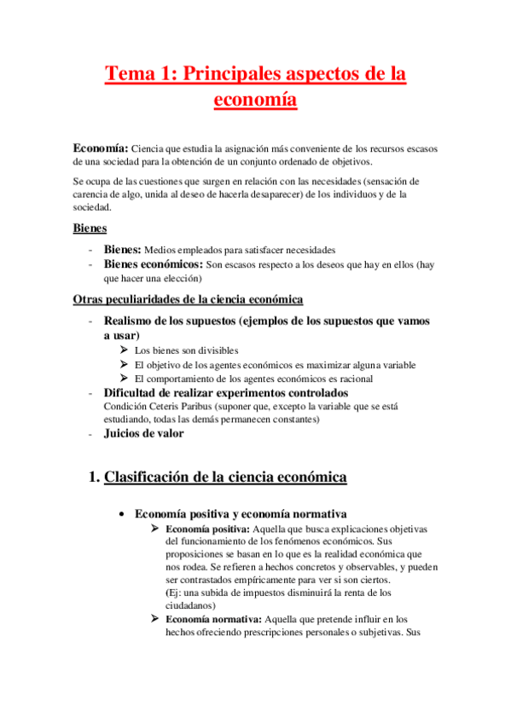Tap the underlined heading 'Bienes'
(x=90, y=228)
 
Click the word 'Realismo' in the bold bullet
(x=132, y=321)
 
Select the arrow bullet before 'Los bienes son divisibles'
(x=125, y=350)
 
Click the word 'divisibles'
(x=218, y=351)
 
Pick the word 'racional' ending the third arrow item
(x=355, y=379)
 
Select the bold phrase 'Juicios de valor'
(x=142, y=433)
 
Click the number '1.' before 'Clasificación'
(x=94, y=477)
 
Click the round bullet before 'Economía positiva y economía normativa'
(x=124, y=514)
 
